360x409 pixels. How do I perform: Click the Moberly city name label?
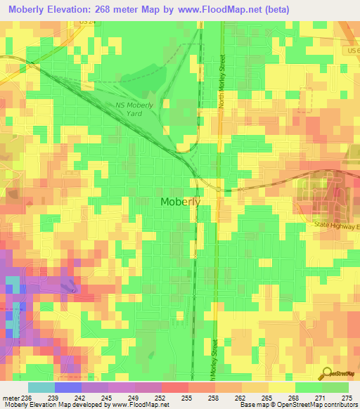pos(181,202)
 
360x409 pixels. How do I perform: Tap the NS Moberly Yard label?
pos(139,109)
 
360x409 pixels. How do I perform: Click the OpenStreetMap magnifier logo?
pos(325,372)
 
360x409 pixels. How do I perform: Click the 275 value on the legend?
pos(347,398)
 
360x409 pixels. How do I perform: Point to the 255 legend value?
pos(188,398)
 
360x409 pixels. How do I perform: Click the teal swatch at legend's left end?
pos(41,387)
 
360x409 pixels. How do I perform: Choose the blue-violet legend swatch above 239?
pos(68,387)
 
